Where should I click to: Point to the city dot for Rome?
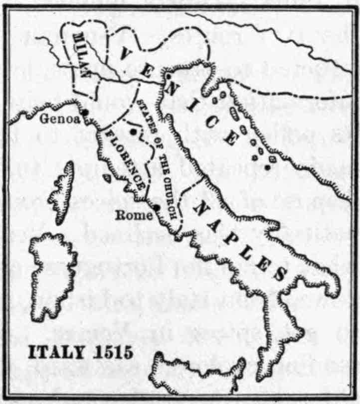157,208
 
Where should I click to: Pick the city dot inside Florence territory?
134,132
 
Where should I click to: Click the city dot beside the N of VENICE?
169,77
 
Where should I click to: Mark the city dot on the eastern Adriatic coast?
268,167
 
